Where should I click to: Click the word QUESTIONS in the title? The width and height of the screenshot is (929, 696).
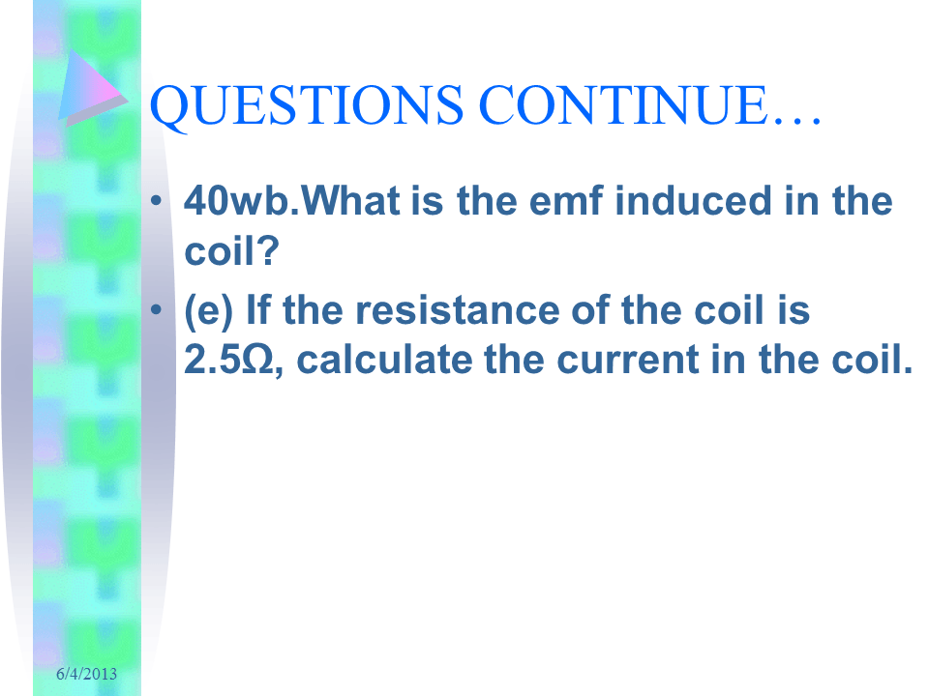click(x=307, y=106)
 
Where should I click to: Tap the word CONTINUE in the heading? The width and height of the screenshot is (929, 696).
click(x=623, y=104)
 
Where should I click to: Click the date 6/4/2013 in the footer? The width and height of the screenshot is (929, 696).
click(x=86, y=674)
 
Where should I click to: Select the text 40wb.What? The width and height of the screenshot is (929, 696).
click(x=291, y=201)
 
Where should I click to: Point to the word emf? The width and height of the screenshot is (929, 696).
click(x=566, y=201)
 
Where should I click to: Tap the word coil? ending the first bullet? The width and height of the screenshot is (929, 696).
click(x=231, y=251)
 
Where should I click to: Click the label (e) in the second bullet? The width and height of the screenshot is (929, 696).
click(x=209, y=311)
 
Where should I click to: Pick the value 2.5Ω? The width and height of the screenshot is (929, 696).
click(x=228, y=360)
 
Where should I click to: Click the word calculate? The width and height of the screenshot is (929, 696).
click(x=384, y=360)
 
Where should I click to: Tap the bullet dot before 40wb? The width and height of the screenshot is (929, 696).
click(x=157, y=200)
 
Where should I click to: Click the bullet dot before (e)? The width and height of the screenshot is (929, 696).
click(x=157, y=309)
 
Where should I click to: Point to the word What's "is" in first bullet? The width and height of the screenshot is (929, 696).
click(x=427, y=201)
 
